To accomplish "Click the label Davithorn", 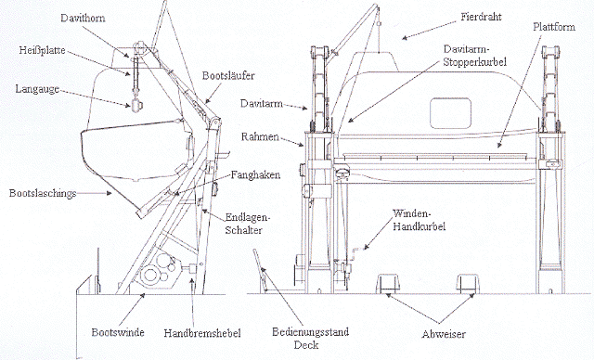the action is point(83,19).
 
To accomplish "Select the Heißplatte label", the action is point(42,50).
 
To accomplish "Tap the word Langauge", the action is point(37,89).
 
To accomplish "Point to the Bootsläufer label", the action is point(228,75).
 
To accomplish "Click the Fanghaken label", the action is point(256,174).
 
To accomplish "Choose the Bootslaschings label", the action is point(43,193).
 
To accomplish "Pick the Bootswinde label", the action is point(118,332).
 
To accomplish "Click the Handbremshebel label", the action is point(202,333).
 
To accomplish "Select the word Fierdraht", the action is point(481,17).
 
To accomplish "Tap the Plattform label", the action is point(554,27).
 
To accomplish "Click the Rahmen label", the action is point(260,136).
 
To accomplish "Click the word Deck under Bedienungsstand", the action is point(306,345).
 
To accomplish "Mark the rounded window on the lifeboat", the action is point(450,113).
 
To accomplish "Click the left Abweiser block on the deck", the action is point(388,283).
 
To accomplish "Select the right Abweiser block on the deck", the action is point(467,283).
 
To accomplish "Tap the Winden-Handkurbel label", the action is point(419,220).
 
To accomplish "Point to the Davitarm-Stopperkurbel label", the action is point(475,56).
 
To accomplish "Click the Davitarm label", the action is point(262,103).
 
